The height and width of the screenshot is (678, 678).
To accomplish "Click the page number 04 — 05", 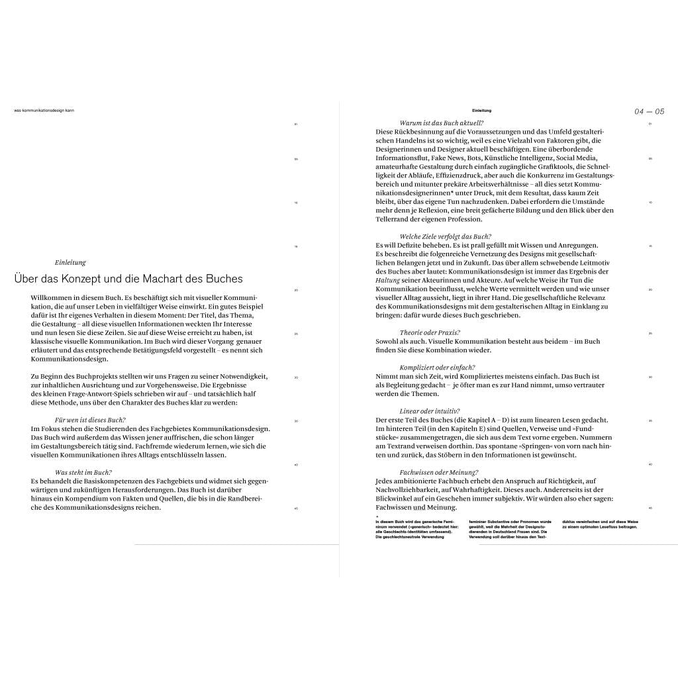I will point(649,111).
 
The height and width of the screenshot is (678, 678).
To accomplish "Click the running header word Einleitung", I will point(481,110).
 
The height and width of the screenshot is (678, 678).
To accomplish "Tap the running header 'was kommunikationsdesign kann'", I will point(44,110).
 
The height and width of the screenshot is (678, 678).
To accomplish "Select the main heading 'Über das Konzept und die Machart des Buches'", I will point(128,279).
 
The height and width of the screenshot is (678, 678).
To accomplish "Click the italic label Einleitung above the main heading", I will point(70,262).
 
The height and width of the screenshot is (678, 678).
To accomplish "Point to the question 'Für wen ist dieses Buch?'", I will point(90,420).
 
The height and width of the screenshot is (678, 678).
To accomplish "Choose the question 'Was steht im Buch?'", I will point(83,472).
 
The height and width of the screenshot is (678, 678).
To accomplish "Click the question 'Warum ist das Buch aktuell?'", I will point(442,123).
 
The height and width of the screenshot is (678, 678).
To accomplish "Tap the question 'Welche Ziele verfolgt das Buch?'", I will point(445,236).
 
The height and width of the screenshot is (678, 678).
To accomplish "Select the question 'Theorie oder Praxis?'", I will point(430,332).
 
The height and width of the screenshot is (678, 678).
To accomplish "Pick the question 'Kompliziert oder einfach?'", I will point(437,367).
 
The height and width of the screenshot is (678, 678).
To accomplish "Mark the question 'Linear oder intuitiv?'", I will point(430,411).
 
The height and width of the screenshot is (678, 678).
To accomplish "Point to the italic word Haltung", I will point(387,280).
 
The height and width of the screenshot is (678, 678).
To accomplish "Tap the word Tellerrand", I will point(393,219).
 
